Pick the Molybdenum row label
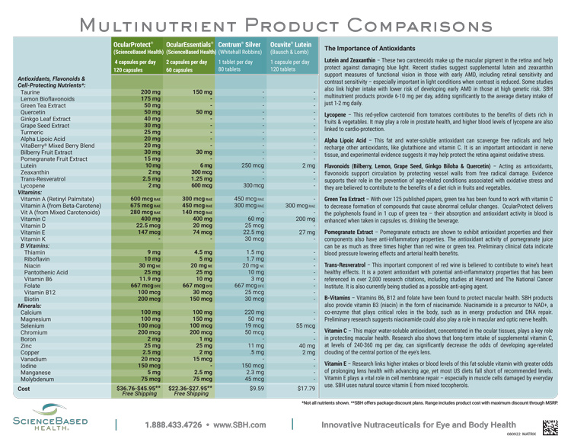point(38,378)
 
